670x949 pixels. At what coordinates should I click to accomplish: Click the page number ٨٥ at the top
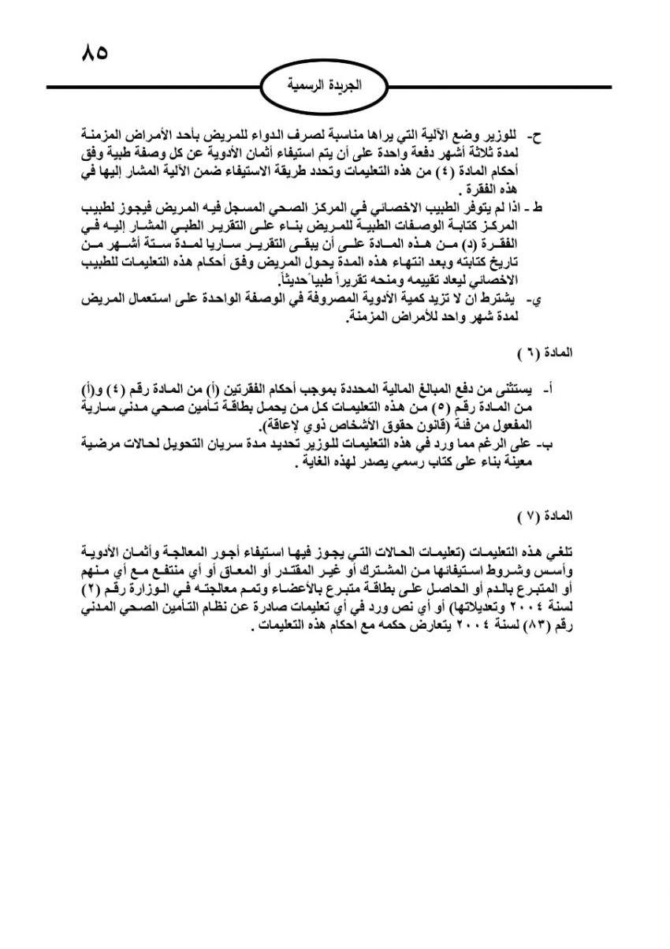pos(94,54)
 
